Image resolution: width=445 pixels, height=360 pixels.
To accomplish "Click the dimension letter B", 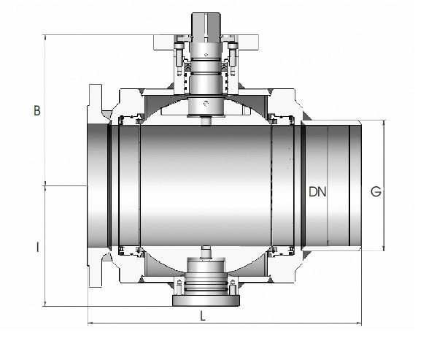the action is (37, 110).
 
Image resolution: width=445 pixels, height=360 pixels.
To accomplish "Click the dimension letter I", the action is (37, 247).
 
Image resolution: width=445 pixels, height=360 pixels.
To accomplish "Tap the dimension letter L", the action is (203, 315).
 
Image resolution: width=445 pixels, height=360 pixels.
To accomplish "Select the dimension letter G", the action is (376, 191).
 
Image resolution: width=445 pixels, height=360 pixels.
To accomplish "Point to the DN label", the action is (317, 192).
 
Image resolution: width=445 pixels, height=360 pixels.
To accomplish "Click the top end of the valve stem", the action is (206, 13).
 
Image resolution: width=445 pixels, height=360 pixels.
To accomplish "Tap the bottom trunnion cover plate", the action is (206, 301).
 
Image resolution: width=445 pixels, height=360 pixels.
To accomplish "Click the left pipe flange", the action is (95, 185).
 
